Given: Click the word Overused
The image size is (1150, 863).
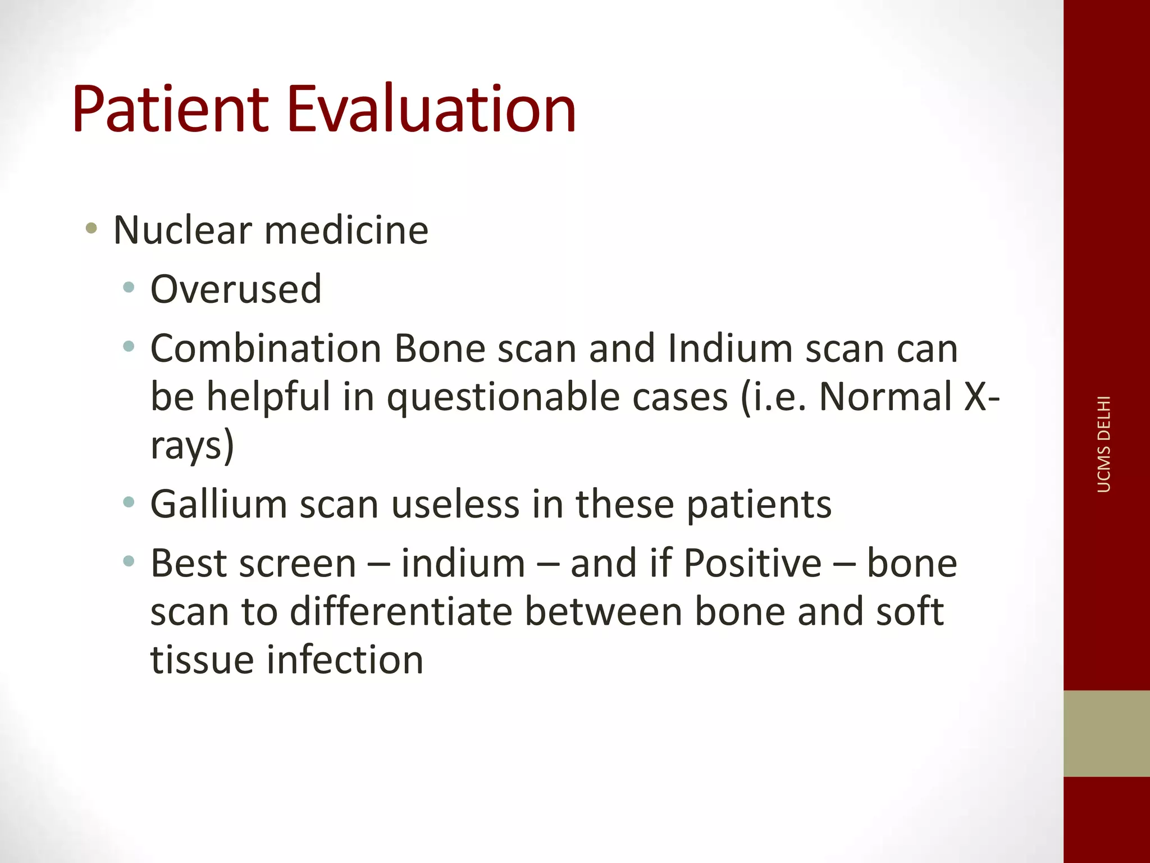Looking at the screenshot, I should [x=236, y=289].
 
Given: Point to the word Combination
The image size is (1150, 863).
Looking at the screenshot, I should [x=266, y=349].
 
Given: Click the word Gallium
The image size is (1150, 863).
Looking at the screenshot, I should [x=218, y=504].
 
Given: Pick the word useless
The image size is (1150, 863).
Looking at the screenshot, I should [x=455, y=504].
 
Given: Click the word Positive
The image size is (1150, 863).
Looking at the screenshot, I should [x=752, y=564].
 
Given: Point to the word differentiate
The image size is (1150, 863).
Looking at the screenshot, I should [x=401, y=612].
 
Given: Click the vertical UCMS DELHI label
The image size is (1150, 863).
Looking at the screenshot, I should [x=1103, y=444].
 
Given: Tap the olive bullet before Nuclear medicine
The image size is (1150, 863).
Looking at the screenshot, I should [x=92, y=229].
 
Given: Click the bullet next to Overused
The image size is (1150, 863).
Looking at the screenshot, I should [x=129, y=288].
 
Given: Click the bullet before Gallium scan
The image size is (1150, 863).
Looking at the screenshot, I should [x=129, y=502].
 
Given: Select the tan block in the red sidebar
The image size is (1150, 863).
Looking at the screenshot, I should [x=1106, y=733].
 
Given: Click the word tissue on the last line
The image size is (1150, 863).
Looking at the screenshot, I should [x=202, y=660].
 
